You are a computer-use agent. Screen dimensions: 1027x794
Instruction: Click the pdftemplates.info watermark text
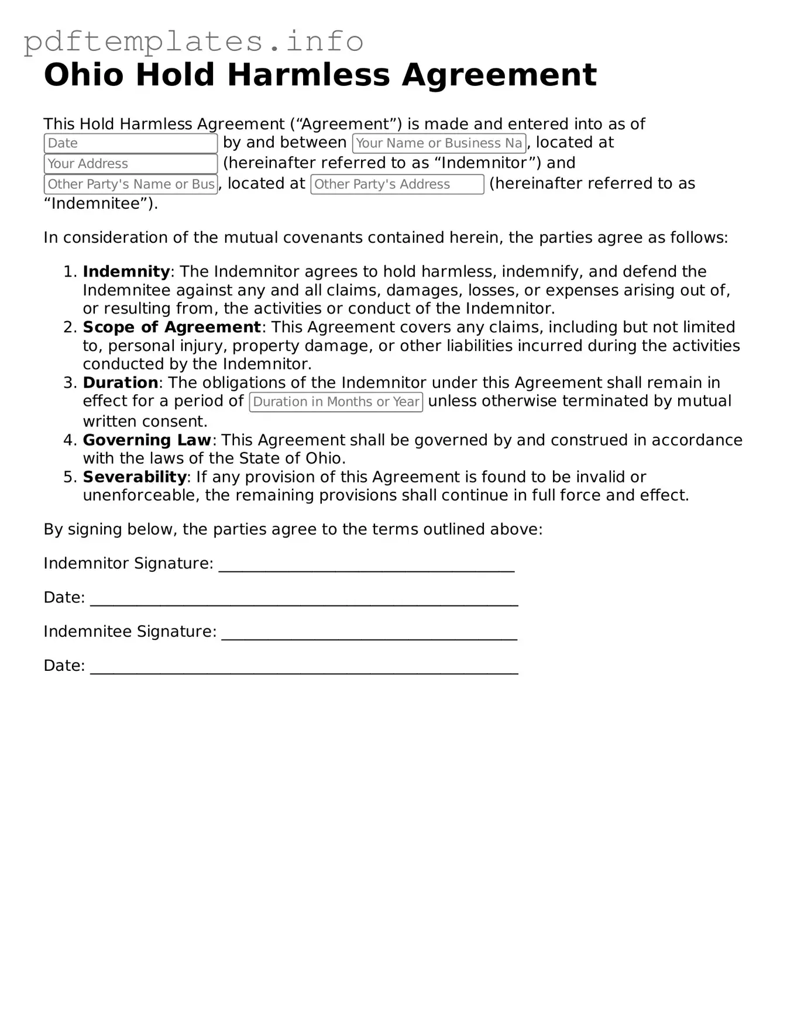pos(193,41)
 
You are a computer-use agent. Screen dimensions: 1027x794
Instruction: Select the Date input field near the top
pos(130,143)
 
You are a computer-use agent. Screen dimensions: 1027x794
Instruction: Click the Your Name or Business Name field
pos(439,143)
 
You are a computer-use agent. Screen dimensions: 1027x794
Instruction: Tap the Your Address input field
pos(130,164)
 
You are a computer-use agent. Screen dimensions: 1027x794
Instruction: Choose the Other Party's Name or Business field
pos(130,184)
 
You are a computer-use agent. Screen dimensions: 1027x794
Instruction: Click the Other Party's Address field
pos(397,184)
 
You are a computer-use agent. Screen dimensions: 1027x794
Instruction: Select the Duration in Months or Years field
pos(336,402)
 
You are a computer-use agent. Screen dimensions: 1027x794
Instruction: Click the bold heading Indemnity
pos(126,271)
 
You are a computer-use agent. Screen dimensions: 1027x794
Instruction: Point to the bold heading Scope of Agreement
pos(171,327)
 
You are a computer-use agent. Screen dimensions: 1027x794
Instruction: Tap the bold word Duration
pos(121,382)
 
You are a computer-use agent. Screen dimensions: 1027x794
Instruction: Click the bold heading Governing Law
pos(147,440)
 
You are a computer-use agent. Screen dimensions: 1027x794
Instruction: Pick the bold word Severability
pos(135,477)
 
